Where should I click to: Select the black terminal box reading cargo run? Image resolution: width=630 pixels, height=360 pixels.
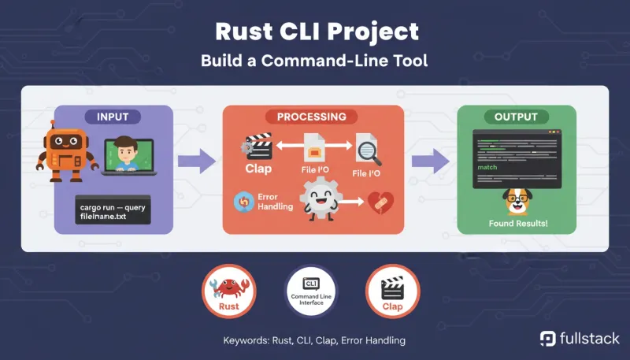click(113, 211)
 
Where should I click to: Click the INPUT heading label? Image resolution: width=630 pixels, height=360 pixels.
click(117, 117)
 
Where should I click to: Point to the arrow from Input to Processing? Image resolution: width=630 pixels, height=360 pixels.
click(196, 163)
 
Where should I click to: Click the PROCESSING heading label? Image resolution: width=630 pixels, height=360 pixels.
click(311, 117)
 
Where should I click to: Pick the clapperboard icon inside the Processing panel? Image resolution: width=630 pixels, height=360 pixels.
click(258, 147)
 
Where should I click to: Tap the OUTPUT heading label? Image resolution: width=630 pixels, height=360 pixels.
click(516, 117)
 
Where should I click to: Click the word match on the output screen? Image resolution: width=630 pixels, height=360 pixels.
click(488, 169)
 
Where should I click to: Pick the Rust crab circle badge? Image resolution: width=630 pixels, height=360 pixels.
click(228, 291)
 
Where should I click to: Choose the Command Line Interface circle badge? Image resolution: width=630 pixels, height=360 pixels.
click(310, 291)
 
